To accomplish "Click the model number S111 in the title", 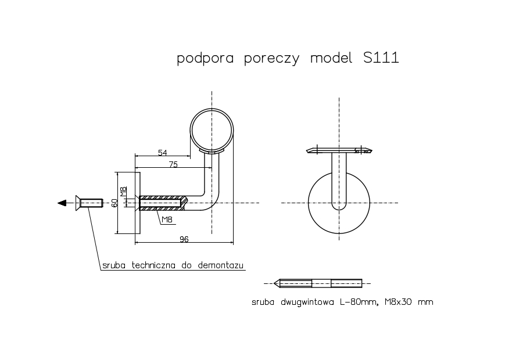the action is point(381,57).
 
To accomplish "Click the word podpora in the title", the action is point(205,59).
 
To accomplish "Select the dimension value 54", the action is point(163,153).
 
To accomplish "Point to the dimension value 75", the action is point(173,164).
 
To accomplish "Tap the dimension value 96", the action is point(184,239).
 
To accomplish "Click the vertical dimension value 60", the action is point(114,203).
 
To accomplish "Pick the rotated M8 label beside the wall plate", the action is point(123,192).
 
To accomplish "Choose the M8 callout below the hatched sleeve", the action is point(167,219).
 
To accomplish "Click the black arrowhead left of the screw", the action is point(62,203).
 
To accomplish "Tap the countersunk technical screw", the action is point(89,203).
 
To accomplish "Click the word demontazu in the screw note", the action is point(220,265).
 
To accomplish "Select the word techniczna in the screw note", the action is point(153,265).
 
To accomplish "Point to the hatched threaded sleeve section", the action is point(162,203).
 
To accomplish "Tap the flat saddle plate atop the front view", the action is point(339,150).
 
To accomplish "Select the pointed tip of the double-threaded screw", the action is point(274,284).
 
